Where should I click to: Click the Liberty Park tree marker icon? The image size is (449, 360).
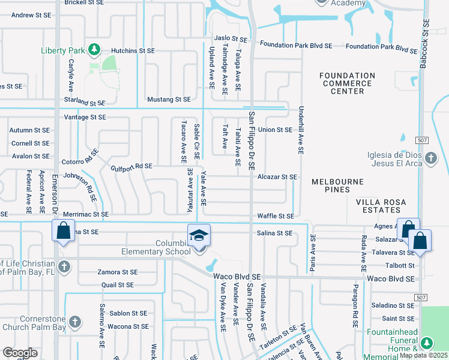point(93,49)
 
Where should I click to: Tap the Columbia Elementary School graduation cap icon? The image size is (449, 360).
point(199,235)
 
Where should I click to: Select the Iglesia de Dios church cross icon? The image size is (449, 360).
point(430,158)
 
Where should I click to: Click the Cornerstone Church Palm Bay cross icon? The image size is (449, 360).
point(74,322)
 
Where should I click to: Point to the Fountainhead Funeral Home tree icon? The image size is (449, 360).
point(427,343)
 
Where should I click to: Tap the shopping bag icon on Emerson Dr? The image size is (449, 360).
point(64,231)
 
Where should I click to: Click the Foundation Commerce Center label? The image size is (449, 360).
point(347,83)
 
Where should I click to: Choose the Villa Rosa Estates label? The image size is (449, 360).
point(385,206)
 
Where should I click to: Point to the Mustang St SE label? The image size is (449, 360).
point(169,99)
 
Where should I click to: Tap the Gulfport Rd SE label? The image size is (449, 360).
point(131,166)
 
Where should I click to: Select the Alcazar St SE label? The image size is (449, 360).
point(277,177)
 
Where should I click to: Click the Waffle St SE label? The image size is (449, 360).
point(276,216)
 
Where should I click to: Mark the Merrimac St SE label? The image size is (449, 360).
point(85,214)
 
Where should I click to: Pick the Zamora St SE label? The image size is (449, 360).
point(118,272)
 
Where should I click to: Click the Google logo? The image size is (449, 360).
point(20,353)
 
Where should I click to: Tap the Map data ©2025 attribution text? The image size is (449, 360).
point(424,355)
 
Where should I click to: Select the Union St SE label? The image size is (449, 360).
point(275,130)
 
